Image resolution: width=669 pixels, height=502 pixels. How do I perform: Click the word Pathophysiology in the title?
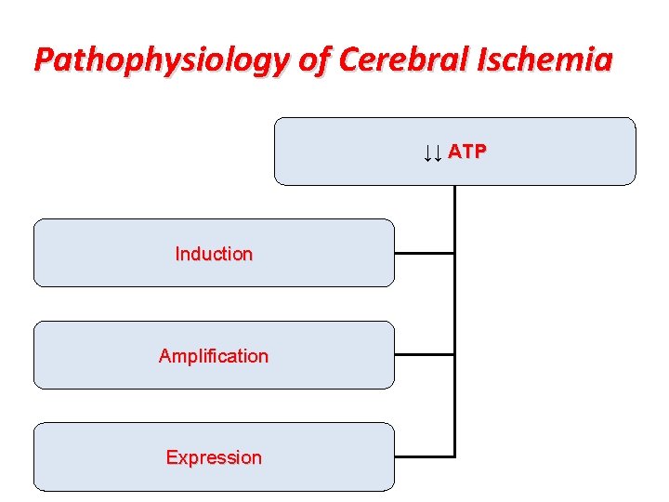[x=163, y=60]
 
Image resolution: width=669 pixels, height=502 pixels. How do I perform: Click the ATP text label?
[x=466, y=152]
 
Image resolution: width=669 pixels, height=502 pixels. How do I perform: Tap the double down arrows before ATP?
[x=431, y=152]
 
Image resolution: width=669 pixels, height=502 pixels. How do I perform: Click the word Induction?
[x=214, y=254]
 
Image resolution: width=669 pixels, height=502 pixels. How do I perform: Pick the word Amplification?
[x=214, y=356]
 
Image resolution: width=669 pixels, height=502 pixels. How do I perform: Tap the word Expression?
[x=214, y=457]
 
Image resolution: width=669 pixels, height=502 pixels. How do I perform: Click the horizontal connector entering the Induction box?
[x=424, y=253]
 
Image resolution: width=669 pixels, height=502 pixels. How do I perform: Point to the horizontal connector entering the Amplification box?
[x=424, y=354]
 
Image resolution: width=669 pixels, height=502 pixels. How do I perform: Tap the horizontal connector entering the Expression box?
[x=424, y=456]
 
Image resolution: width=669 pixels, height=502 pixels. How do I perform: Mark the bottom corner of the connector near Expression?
[x=454, y=456]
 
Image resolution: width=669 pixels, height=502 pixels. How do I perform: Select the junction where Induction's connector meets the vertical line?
[x=454, y=253]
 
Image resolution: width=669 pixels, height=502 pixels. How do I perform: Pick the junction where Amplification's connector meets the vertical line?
[x=454, y=354]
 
